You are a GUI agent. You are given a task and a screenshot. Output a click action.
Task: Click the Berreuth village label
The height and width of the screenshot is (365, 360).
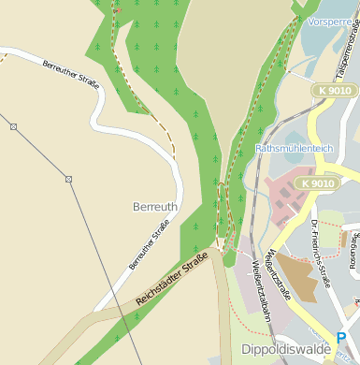point(155,205)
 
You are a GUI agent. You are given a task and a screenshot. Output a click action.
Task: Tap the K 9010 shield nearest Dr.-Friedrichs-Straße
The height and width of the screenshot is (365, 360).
point(317,183)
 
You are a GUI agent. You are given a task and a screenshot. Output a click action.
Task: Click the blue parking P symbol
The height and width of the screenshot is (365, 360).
point(341,338)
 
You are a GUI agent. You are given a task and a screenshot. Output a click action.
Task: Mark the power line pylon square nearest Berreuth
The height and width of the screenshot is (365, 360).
point(68,178)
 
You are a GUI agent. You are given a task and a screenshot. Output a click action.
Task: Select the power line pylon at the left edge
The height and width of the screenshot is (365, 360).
point(13,125)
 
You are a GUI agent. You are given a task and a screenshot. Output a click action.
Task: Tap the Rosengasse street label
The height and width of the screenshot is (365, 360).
point(354,245)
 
